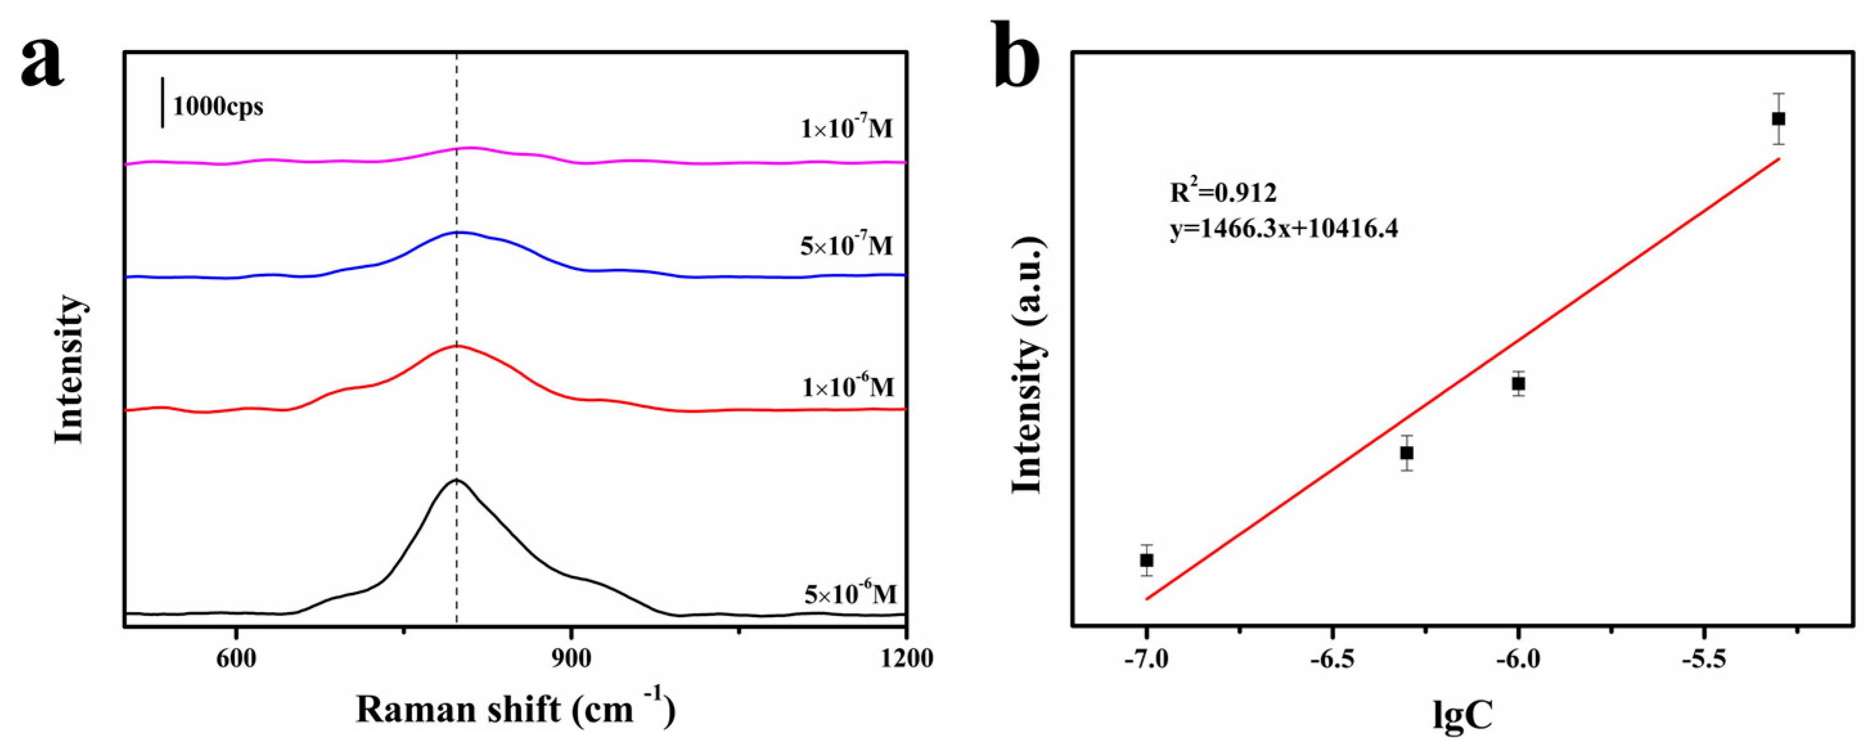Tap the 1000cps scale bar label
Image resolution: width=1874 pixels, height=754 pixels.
coord(217,107)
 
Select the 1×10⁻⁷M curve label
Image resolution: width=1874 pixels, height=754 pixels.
coord(846,129)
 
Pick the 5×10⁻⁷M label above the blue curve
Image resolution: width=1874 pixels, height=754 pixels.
coord(846,246)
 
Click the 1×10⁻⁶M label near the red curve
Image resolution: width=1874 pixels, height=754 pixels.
coord(848,386)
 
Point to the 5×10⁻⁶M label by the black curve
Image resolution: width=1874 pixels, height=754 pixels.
coord(850,594)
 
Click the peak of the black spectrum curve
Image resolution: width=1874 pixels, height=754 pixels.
coord(457,480)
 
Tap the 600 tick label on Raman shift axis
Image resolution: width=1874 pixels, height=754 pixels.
coord(236,658)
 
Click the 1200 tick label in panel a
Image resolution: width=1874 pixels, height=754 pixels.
coord(905,658)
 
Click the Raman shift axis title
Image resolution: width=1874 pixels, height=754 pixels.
coord(515,710)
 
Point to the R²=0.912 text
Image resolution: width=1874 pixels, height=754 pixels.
coord(1223,192)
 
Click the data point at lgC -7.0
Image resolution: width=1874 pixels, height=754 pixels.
coord(1147,561)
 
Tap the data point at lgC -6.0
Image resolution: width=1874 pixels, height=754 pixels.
coord(1518,384)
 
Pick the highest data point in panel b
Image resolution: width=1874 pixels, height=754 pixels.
coord(1779,119)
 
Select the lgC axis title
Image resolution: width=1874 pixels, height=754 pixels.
coord(1462,714)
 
